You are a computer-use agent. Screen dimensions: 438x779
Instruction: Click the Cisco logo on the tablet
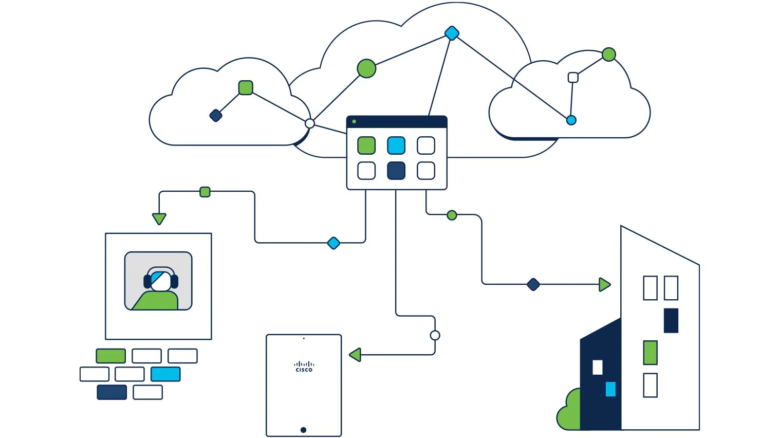[x=304, y=367]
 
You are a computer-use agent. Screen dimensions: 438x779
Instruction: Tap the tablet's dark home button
[x=303, y=430]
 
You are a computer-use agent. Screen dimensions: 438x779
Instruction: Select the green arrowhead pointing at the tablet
[x=355, y=355]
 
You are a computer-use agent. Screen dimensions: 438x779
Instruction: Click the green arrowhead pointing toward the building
[x=604, y=284]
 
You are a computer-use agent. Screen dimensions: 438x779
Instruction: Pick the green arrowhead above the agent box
[x=159, y=218]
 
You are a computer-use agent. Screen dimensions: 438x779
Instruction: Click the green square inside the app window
[x=366, y=145]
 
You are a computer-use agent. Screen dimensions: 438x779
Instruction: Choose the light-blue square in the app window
[x=396, y=145]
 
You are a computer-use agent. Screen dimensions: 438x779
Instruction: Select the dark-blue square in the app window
[x=396, y=171]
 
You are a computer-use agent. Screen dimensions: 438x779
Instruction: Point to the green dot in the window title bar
[x=354, y=122]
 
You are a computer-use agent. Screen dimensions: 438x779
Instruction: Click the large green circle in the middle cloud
[x=366, y=68]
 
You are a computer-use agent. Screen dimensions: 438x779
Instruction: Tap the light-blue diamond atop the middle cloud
[x=452, y=33]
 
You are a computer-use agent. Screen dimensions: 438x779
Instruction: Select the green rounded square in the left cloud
[x=246, y=88]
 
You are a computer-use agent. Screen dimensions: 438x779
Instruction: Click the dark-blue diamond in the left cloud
[x=216, y=116]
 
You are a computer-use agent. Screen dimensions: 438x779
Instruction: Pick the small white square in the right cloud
[x=573, y=78]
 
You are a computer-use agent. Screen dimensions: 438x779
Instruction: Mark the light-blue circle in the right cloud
[x=571, y=120]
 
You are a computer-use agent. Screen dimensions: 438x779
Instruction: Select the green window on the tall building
[x=650, y=353]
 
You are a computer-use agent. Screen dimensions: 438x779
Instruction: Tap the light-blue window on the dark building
[x=610, y=389]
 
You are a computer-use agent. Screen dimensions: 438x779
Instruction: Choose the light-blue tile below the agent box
[x=165, y=374]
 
